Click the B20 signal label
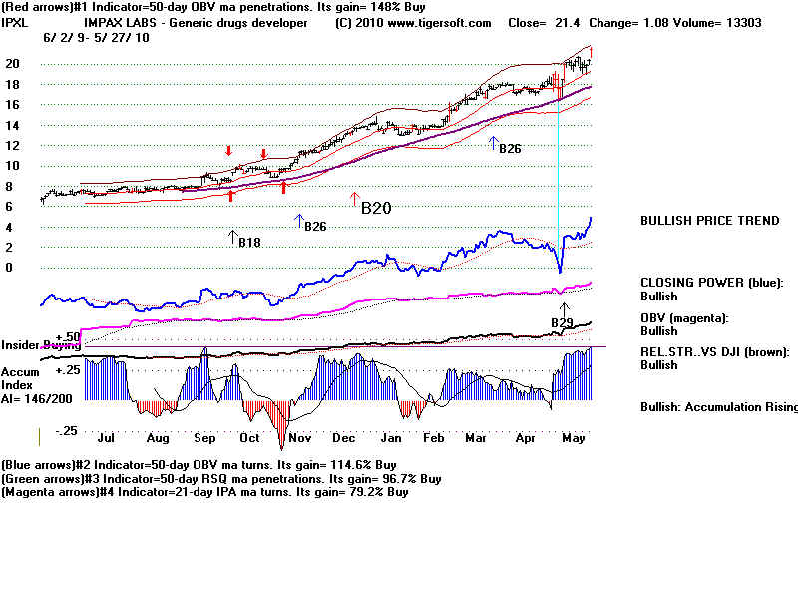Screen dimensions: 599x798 pos(376,209)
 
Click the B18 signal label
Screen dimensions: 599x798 pos(248,242)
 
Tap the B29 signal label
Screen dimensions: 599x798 pos(563,322)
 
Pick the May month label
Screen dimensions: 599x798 pos(572,437)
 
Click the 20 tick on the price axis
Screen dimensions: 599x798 pos(13,63)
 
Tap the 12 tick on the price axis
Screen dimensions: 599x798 pos(13,145)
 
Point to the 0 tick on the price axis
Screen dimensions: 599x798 pos(9,268)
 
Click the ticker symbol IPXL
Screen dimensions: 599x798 pos(16,22)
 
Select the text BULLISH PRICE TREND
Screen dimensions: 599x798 pos(709,221)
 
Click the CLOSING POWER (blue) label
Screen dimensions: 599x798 pos(711,283)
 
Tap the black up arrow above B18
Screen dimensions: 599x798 pos(233,237)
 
